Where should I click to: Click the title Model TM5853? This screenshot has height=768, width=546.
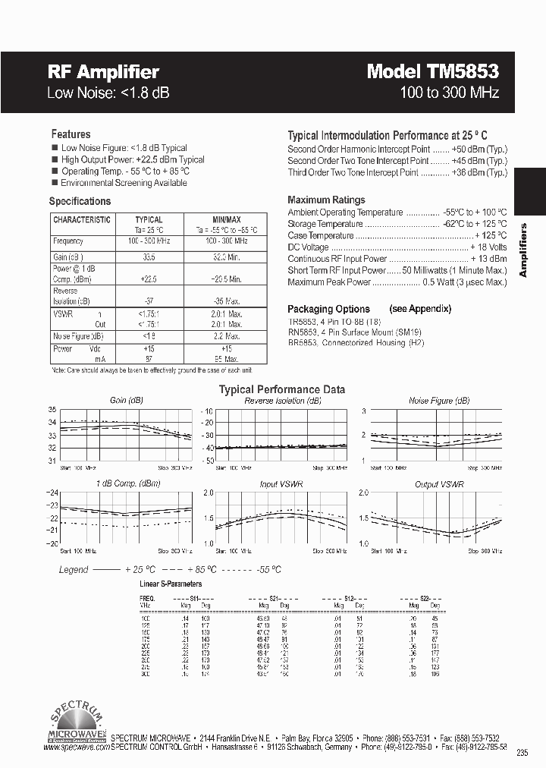tap(432, 71)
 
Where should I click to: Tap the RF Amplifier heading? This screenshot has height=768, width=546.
tap(103, 72)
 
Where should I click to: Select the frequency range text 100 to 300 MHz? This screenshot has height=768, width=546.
tap(449, 93)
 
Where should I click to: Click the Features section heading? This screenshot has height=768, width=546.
tap(71, 134)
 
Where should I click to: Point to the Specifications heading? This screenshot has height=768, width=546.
tap(80, 201)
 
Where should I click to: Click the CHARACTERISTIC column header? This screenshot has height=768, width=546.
tap(82, 219)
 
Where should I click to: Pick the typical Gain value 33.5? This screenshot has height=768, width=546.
tap(149, 257)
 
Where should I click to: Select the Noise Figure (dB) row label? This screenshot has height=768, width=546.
tap(79, 335)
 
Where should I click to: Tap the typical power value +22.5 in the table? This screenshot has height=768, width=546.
tap(149, 278)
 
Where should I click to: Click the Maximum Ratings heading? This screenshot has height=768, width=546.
tap(326, 200)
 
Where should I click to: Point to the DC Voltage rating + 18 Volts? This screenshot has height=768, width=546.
tap(488, 247)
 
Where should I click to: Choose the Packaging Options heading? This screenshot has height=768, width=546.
tap(328, 309)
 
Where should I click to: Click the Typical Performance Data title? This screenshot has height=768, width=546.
tap(282, 389)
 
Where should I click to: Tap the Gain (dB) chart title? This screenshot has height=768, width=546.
tap(126, 400)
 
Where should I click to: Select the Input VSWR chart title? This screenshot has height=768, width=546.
tap(279, 484)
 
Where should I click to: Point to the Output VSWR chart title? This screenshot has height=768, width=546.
tap(439, 484)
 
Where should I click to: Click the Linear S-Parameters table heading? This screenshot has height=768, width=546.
tap(171, 584)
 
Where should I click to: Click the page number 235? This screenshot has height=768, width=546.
tap(521, 752)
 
